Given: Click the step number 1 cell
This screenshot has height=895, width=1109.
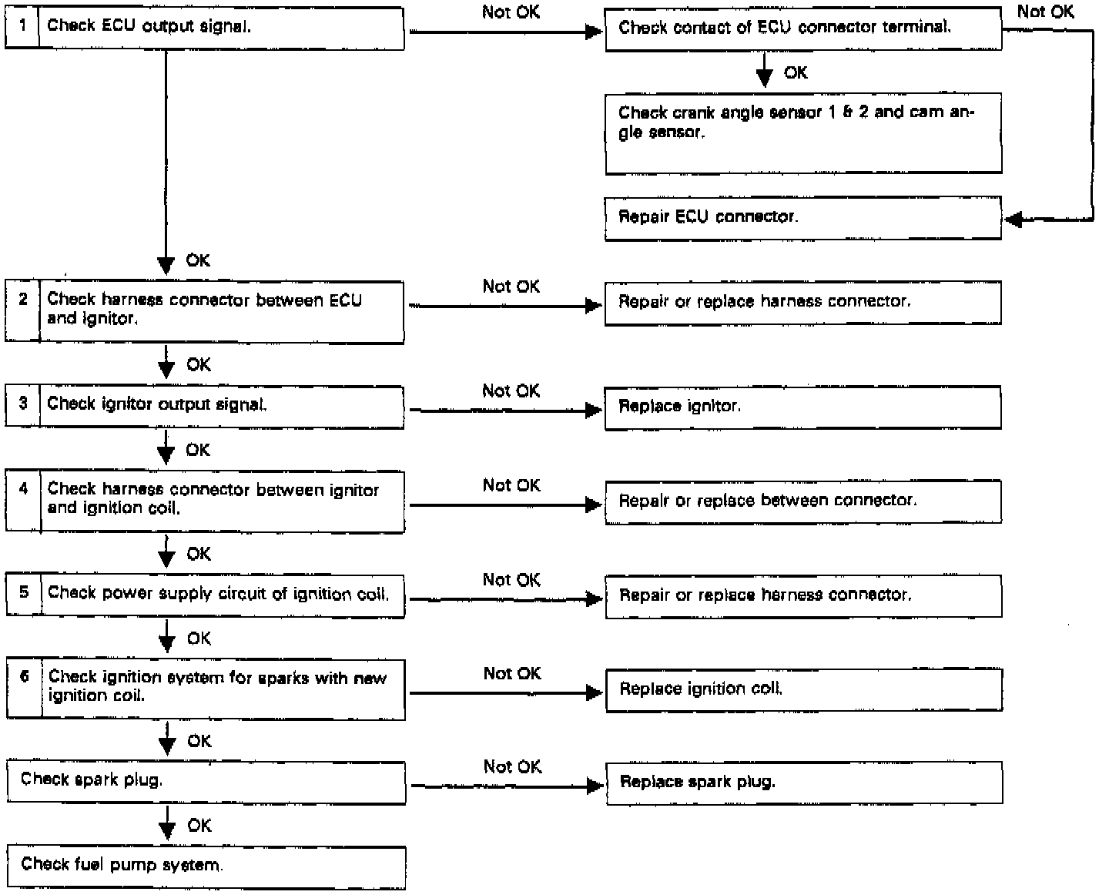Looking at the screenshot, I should (22, 27).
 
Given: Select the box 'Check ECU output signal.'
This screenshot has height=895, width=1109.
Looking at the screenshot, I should (221, 28).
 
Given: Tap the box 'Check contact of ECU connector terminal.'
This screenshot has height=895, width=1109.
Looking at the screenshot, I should (802, 28).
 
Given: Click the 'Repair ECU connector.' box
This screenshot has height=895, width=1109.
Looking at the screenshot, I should (802, 218).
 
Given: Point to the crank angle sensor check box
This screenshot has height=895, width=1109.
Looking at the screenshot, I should (802, 132).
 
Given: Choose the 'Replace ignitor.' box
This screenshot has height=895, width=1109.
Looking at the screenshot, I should (802, 407).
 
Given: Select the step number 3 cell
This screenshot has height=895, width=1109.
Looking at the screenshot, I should (23, 405).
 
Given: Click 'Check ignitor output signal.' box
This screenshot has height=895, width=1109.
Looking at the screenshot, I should (222, 405).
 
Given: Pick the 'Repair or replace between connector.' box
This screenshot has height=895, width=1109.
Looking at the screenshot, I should (802, 501).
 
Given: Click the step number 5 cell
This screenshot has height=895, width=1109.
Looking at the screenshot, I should (24, 594).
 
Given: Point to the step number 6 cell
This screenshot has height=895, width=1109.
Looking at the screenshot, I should (25, 689).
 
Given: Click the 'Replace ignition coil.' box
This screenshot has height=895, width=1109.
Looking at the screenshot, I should (803, 689).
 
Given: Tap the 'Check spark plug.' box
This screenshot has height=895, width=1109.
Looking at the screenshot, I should (206, 782).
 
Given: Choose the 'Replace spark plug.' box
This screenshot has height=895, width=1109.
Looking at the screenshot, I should (804, 783).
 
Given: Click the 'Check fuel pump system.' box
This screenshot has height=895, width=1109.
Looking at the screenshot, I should (206, 867).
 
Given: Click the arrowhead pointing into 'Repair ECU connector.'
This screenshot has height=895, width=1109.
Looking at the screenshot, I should (1014, 220).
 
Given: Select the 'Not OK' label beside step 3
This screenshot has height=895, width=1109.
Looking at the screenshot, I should (511, 391).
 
